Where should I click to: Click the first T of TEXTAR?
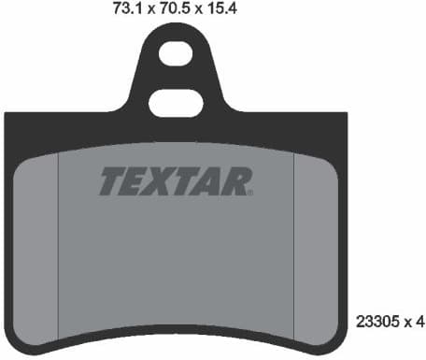pyautogui.click(x=112, y=182)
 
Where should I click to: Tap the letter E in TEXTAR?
pyautogui.click(x=135, y=182)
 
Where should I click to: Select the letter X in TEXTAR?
pyautogui.click(x=161, y=182)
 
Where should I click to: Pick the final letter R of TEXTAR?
pyautogui.click(x=234, y=182)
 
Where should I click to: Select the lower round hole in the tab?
pyautogui.click(x=176, y=81)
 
